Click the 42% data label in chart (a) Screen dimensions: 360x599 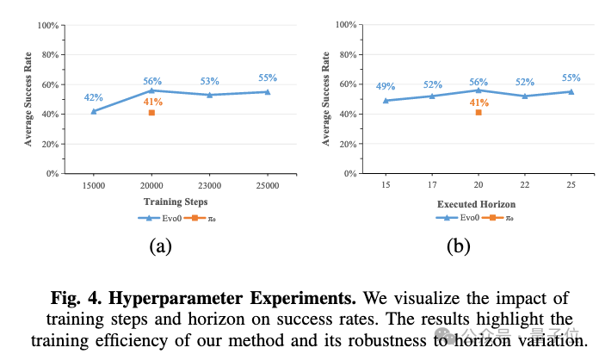point(93,98)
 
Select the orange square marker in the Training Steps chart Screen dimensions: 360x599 point(151,113)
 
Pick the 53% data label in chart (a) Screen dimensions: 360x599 point(210,82)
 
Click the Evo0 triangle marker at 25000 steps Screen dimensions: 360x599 point(268,91)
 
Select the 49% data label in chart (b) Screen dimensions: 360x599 point(386,87)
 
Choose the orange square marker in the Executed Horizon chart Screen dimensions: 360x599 point(479,113)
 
